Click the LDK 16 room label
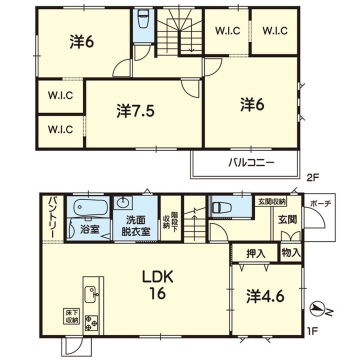tap(157, 285)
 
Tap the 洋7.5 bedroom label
tap(135, 111)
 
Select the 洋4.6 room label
tap(265, 296)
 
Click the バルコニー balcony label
tap(251, 163)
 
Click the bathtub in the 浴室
tap(91, 207)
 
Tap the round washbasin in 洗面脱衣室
tap(123, 202)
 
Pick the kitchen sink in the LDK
tap(90, 294)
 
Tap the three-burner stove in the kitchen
tap(91, 323)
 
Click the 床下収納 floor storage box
tap(71, 316)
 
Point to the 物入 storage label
tap(291, 253)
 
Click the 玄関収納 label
tap(272, 202)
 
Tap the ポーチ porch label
tap(320, 203)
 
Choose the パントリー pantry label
tap(52, 217)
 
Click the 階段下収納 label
tap(170, 222)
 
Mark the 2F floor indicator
tap(312, 178)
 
